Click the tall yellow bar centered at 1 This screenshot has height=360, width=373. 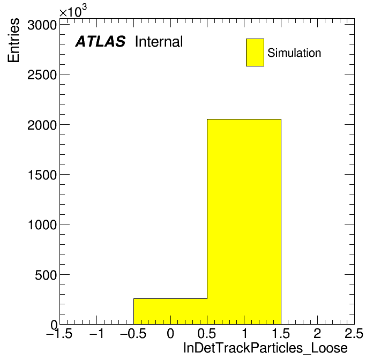point(244,222)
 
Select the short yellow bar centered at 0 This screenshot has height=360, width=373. point(170,311)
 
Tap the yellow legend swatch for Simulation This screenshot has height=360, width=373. point(255,52)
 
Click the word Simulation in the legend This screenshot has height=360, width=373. point(294,53)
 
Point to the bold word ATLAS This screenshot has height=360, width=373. point(100,41)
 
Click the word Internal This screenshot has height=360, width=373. point(159,42)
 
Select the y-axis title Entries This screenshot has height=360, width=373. point(13,40)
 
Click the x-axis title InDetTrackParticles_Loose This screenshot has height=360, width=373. point(265,348)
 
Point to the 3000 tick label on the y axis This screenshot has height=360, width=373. point(42,25)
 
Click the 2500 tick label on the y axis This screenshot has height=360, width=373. point(42,75)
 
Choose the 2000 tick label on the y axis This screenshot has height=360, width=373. point(42,125)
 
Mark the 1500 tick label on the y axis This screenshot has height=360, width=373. point(42,175)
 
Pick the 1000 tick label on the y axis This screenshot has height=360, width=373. point(42,224)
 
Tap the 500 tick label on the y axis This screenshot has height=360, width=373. point(46,275)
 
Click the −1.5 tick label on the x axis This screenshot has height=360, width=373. point(59,333)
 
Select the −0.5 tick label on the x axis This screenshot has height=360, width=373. point(133,333)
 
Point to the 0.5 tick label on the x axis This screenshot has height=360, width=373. point(207,333)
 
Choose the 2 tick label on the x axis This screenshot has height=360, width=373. point(318,333)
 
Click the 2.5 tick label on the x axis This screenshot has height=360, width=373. point(354,333)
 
